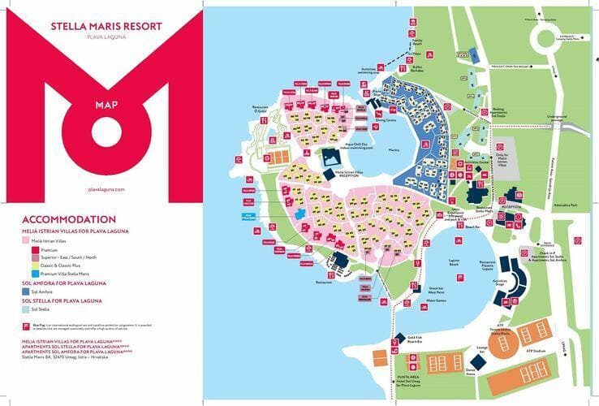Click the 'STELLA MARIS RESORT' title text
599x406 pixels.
[106, 26]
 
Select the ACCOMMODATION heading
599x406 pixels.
[68, 220]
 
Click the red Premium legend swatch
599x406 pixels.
[26, 249]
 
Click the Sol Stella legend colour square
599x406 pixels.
[26, 309]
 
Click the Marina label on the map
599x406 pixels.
[394, 149]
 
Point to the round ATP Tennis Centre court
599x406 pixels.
[499, 344]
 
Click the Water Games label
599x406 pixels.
[437, 300]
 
